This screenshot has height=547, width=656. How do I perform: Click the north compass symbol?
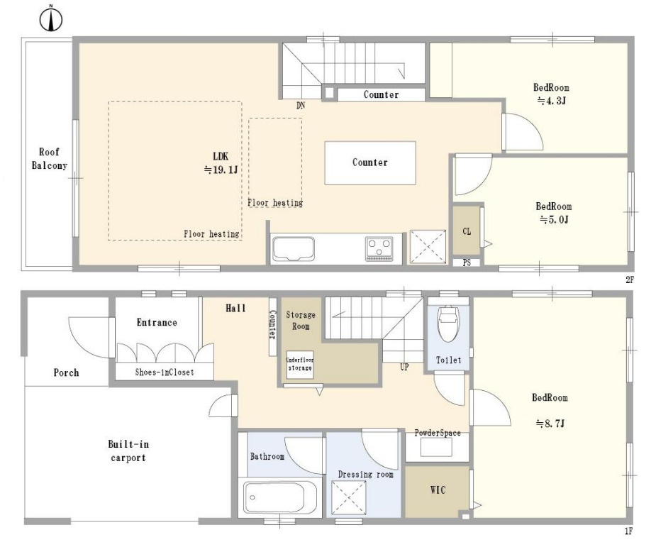(x=51, y=19)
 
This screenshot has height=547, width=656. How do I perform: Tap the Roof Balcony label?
(x=50, y=159)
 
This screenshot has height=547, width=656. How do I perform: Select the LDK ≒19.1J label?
(x=221, y=162)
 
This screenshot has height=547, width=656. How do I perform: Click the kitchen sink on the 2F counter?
(x=294, y=250)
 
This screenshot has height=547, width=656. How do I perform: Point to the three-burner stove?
(x=379, y=248)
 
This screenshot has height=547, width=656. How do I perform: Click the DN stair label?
(x=301, y=106)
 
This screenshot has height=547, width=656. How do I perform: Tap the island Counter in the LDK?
(x=370, y=162)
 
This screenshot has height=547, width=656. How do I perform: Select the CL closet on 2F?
(x=467, y=231)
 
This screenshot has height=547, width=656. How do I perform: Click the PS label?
(x=467, y=263)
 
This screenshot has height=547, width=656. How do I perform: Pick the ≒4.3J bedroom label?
(x=552, y=94)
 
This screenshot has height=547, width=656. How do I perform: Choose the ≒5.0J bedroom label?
(x=553, y=213)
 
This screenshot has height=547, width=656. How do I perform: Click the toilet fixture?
(x=447, y=324)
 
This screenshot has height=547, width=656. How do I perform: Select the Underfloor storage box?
(x=300, y=365)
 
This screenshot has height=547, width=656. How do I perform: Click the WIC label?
(x=438, y=490)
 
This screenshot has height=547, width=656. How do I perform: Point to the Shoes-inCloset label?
(x=165, y=372)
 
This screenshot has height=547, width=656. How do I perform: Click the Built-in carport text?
(x=128, y=451)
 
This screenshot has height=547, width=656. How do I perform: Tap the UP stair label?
(x=404, y=367)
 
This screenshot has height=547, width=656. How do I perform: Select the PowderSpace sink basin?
(x=436, y=448)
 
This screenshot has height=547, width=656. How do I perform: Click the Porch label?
(x=66, y=372)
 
